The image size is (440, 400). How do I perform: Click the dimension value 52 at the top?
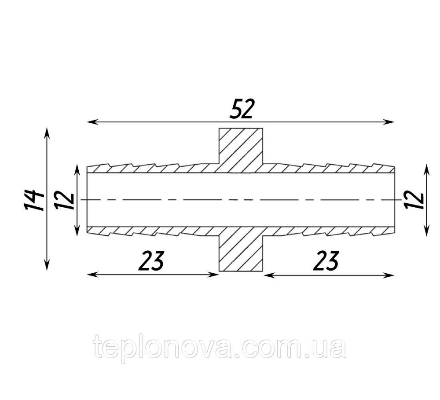pyautogui.click(x=241, y=109)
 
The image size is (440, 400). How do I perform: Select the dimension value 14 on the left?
pyautogui.click(x=34, y=200)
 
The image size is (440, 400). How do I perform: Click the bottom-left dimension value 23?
pyautogui.click(x=151, y=261)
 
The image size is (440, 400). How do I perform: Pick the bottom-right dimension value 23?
pyautogui.click(x=326, y=261)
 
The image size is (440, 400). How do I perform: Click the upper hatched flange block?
pyautogui.click(x=241, y=150)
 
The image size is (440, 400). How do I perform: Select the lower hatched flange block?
pyautogui.click(x=241, y=249)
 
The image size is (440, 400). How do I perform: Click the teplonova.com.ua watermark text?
pyautogui.click(x=220, y=348)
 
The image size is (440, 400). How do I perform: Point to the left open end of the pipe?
pyautogui.click(x=87, y=200)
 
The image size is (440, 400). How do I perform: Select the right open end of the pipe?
pyautogui.click(x=395, y=200)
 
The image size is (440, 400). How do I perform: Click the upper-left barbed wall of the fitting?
pyautogui.click(x=153, y=168)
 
